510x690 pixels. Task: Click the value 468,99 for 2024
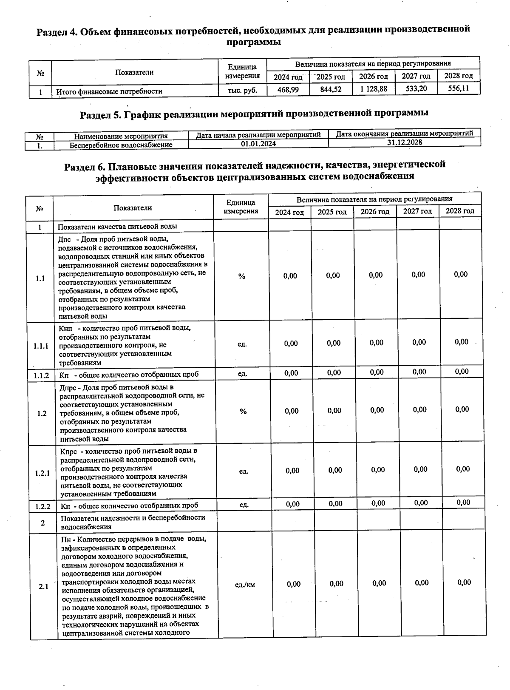[288, 90]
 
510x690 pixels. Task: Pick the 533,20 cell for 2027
[416, 89]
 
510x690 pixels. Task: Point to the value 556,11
[459, 88]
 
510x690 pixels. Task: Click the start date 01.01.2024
[258, 144]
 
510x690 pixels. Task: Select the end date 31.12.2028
[405, 142]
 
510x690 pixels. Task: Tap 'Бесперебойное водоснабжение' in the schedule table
[121, 145]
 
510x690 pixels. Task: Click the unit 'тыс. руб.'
[242, 91]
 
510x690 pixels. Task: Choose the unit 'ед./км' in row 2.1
[245, 585]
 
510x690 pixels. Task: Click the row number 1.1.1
[41, 346]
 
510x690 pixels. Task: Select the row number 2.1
[43, 587]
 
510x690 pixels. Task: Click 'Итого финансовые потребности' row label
[109, 91]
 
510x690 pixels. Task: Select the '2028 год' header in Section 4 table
[458, 76]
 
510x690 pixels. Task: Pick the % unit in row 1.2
[243, 412]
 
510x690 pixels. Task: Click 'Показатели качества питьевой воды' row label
[117, 227]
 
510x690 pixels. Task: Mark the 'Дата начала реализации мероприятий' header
[258, 135]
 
